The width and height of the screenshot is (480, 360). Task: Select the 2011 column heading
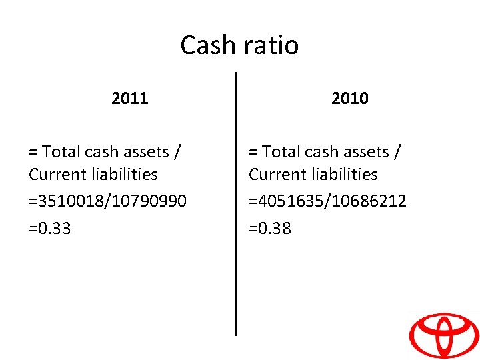[130, 99]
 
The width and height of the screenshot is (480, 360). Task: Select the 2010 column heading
[350, 99]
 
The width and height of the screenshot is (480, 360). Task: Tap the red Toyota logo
[443, 335]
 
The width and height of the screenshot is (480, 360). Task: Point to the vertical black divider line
[236, 200]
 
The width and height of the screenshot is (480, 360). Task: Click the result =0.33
[50, 229]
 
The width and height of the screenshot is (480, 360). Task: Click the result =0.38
[270, 229]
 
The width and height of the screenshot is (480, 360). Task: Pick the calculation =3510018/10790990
[107, 201]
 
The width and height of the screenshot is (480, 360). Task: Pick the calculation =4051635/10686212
[327, 201]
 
